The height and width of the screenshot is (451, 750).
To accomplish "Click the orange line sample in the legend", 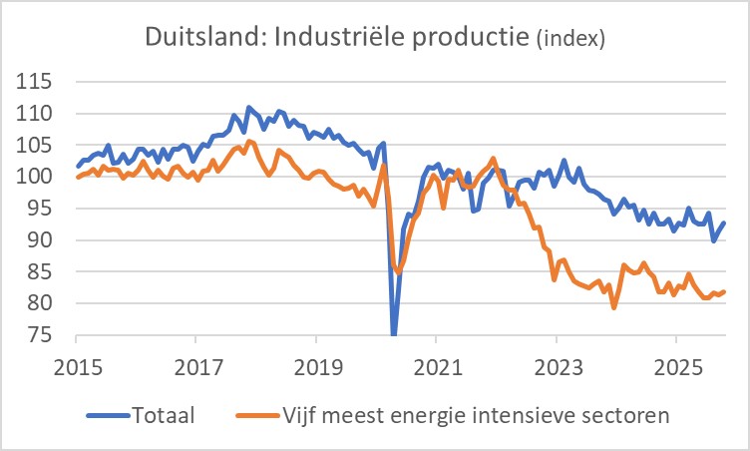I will [x=254, y=413].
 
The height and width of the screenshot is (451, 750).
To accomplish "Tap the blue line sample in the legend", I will [x=107, y=413].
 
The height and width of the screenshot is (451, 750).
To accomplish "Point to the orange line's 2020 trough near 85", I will [x=399, y=271].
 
